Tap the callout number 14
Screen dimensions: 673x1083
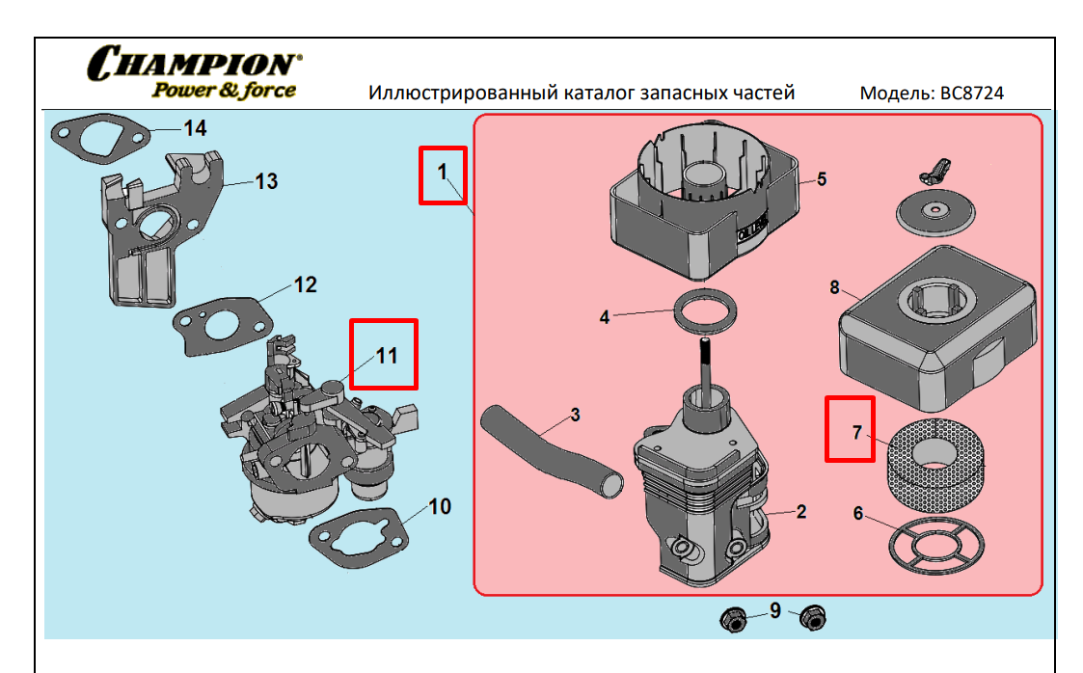point(195,127)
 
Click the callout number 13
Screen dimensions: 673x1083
point(266,181)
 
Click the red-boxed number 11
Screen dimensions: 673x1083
point(386,355)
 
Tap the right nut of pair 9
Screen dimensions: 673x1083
point(811,617)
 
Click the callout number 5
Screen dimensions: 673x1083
point(822,179)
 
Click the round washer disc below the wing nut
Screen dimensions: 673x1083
point(933,212)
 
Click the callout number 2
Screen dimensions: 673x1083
point(800,512)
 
